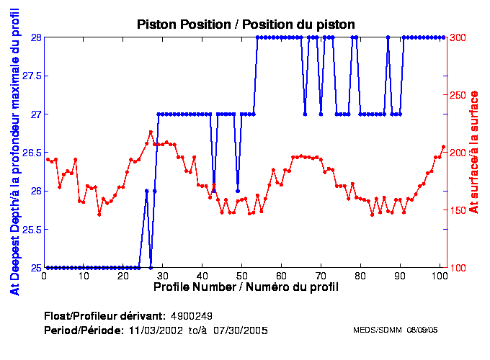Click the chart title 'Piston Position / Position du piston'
246,24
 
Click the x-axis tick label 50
241,276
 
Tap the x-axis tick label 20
123,276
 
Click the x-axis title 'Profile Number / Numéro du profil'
246,287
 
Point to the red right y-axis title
474,153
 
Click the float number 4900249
191,316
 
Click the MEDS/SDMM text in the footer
378,330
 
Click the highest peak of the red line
151,132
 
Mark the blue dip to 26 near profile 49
238,191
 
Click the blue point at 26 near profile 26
147,191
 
